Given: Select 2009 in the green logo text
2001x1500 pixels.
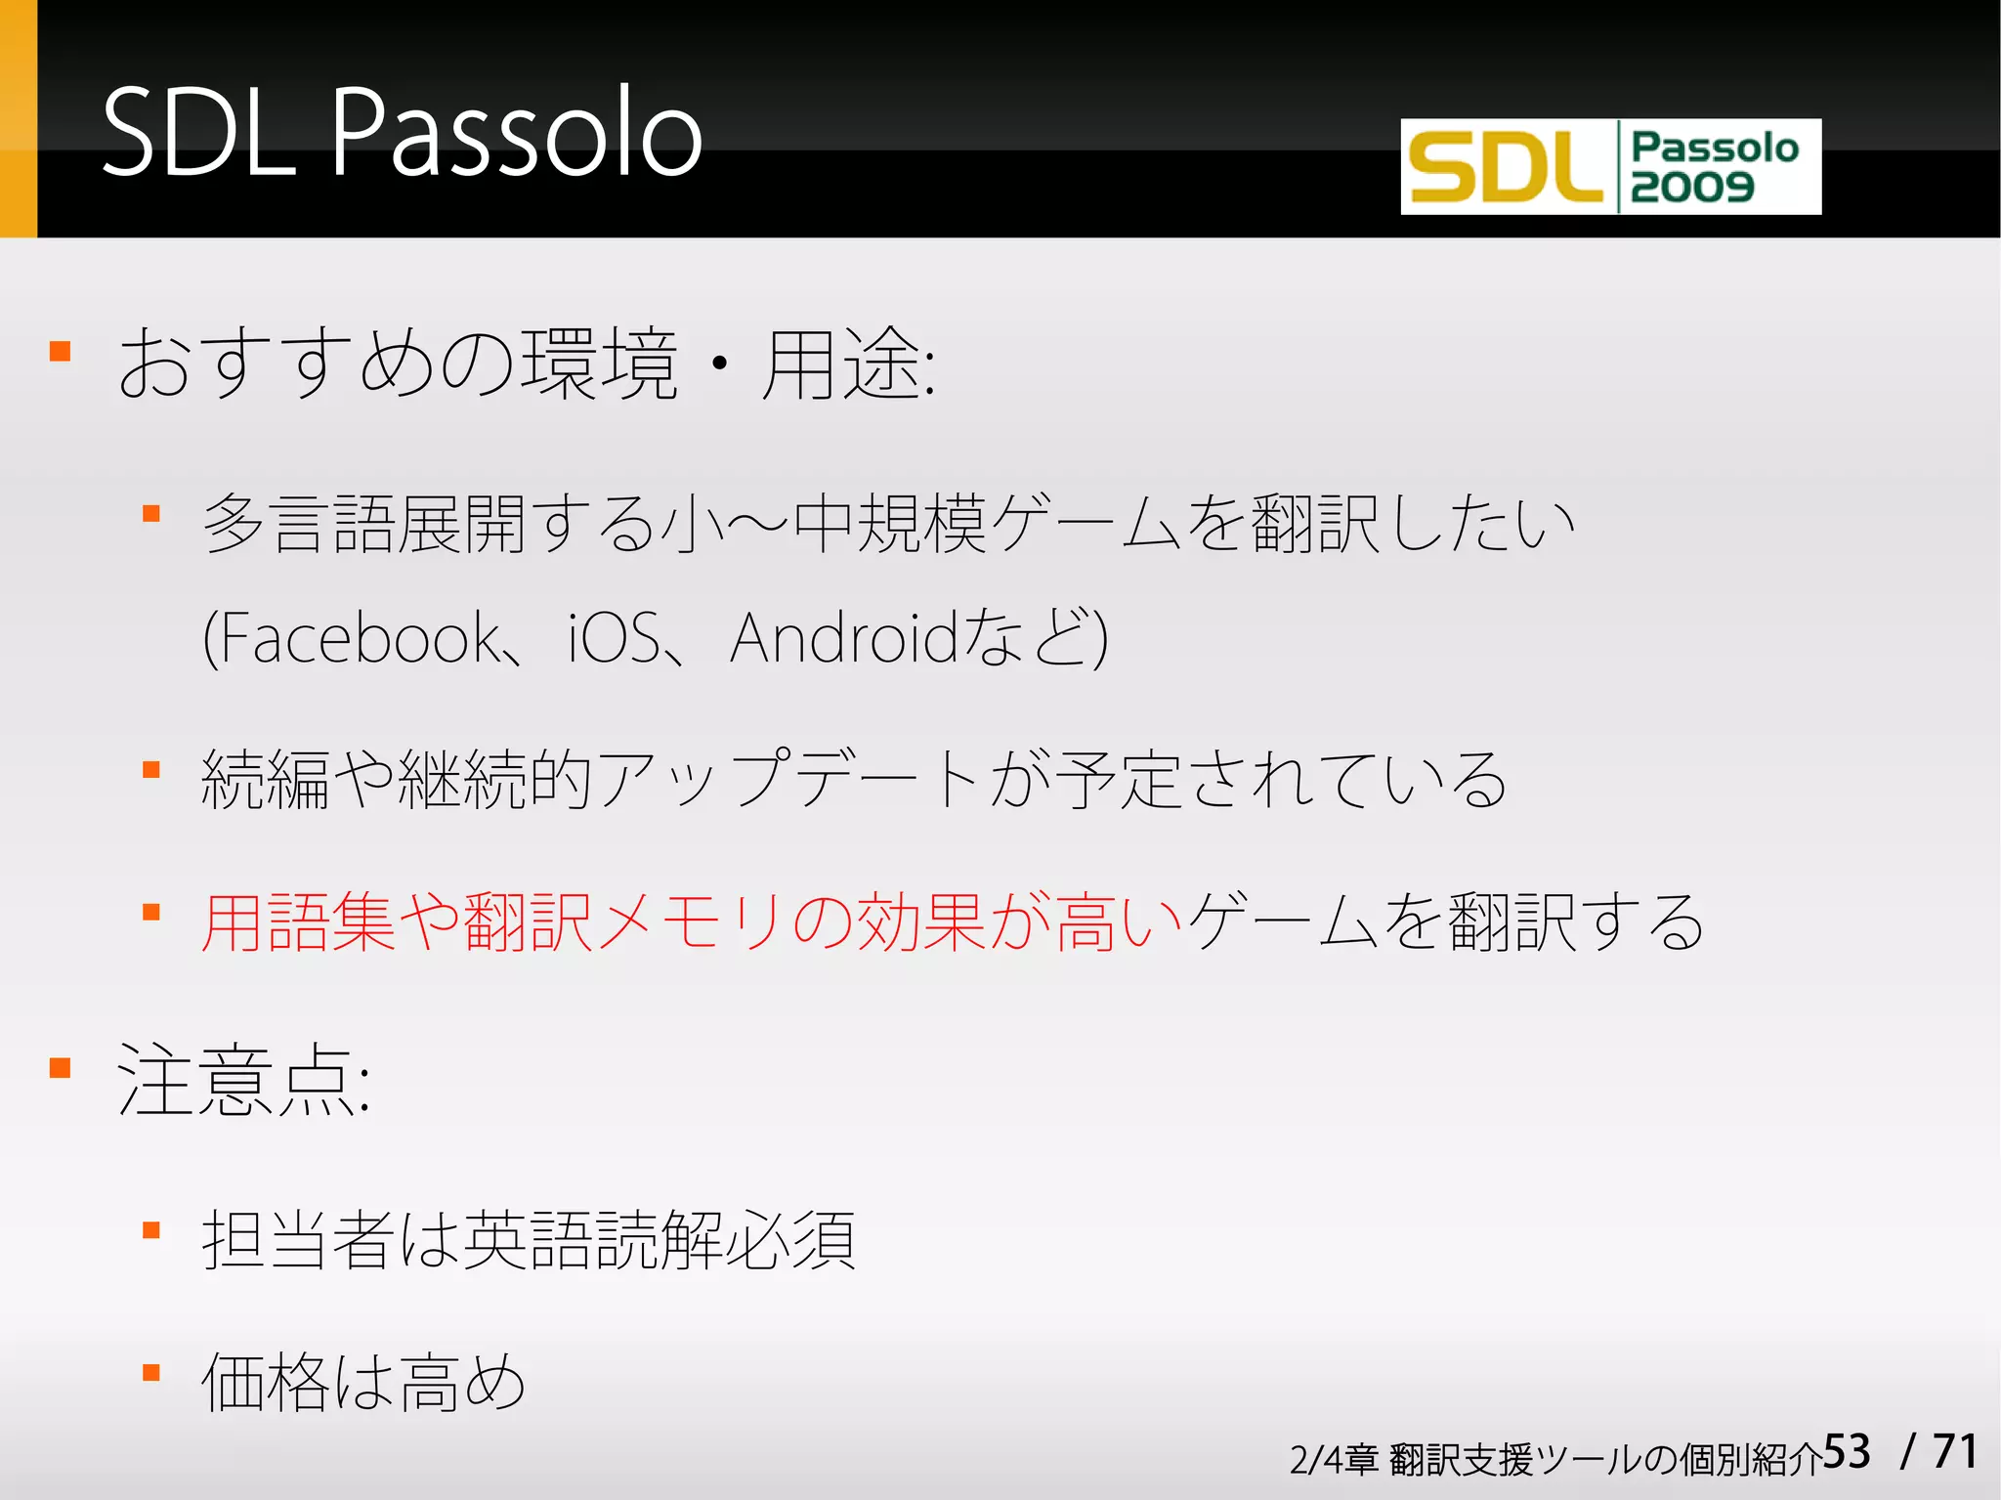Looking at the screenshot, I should pyautogui.click(x=1692, y=187).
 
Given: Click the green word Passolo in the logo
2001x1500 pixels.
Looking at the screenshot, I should pyautogui.click(x=1715, y=148).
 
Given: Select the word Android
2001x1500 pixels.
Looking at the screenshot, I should pyautogui.click(x=844, y=638).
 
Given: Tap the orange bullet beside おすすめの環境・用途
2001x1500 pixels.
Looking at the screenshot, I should pyautogui.click(x=61, y=352).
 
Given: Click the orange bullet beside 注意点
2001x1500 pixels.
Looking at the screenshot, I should pyautogui.click(x=61, y=1068).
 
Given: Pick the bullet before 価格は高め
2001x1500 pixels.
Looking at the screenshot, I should pyautogui.click(x=151, y=1373).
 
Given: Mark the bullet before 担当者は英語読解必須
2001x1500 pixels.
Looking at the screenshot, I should pyautogui.click(x=151, y=1230).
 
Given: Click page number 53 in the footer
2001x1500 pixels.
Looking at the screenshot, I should pyautogui.click(x=1847, y=1452).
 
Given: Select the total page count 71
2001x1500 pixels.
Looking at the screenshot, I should pyautogui.click(x=1955, y=1452).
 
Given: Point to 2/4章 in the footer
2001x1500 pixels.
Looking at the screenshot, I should pyautogui.click(x=1333, y=1460).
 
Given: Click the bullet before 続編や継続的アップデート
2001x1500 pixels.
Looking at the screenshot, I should pyautogui.click(x=151, y=770).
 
